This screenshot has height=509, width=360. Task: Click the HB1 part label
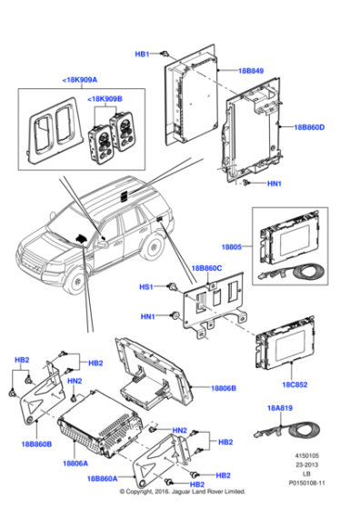click(142, 55)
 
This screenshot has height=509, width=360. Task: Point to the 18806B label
click(224, 387)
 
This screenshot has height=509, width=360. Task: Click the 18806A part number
click(75, 463)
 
